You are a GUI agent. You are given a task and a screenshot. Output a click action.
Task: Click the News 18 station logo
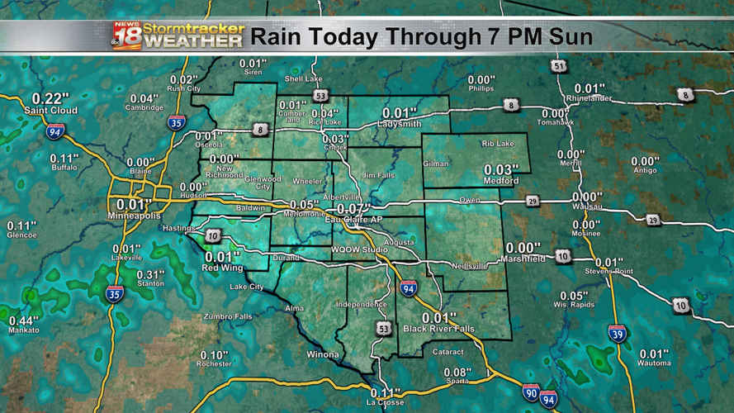coord(126,36)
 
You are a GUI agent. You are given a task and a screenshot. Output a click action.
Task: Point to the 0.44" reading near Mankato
coord(23,320)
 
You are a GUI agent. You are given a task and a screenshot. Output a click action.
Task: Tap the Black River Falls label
coord(439,329)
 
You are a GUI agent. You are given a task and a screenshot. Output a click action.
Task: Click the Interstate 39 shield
coord(617,334)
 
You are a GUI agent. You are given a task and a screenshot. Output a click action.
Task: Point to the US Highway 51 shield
coord(561,65)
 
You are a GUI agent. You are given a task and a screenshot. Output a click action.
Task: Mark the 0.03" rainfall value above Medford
coord(501,169)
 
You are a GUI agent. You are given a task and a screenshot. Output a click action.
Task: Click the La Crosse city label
coord(384,402)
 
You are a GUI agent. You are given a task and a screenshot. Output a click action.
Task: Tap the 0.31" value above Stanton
coord(150,274)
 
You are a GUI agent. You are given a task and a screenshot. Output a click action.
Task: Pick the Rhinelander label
coord(590,98)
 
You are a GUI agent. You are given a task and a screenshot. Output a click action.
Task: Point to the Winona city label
coord(323,354)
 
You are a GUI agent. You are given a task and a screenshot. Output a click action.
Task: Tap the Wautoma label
coord(654,363)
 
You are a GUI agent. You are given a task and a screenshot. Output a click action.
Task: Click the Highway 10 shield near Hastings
coord(214,237)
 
